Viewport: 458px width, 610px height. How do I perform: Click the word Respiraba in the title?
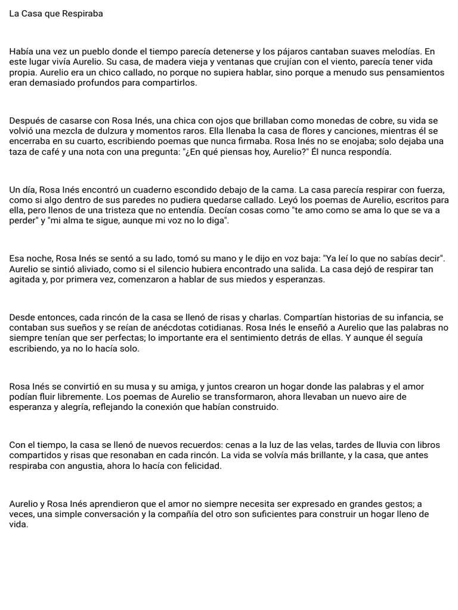82,14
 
